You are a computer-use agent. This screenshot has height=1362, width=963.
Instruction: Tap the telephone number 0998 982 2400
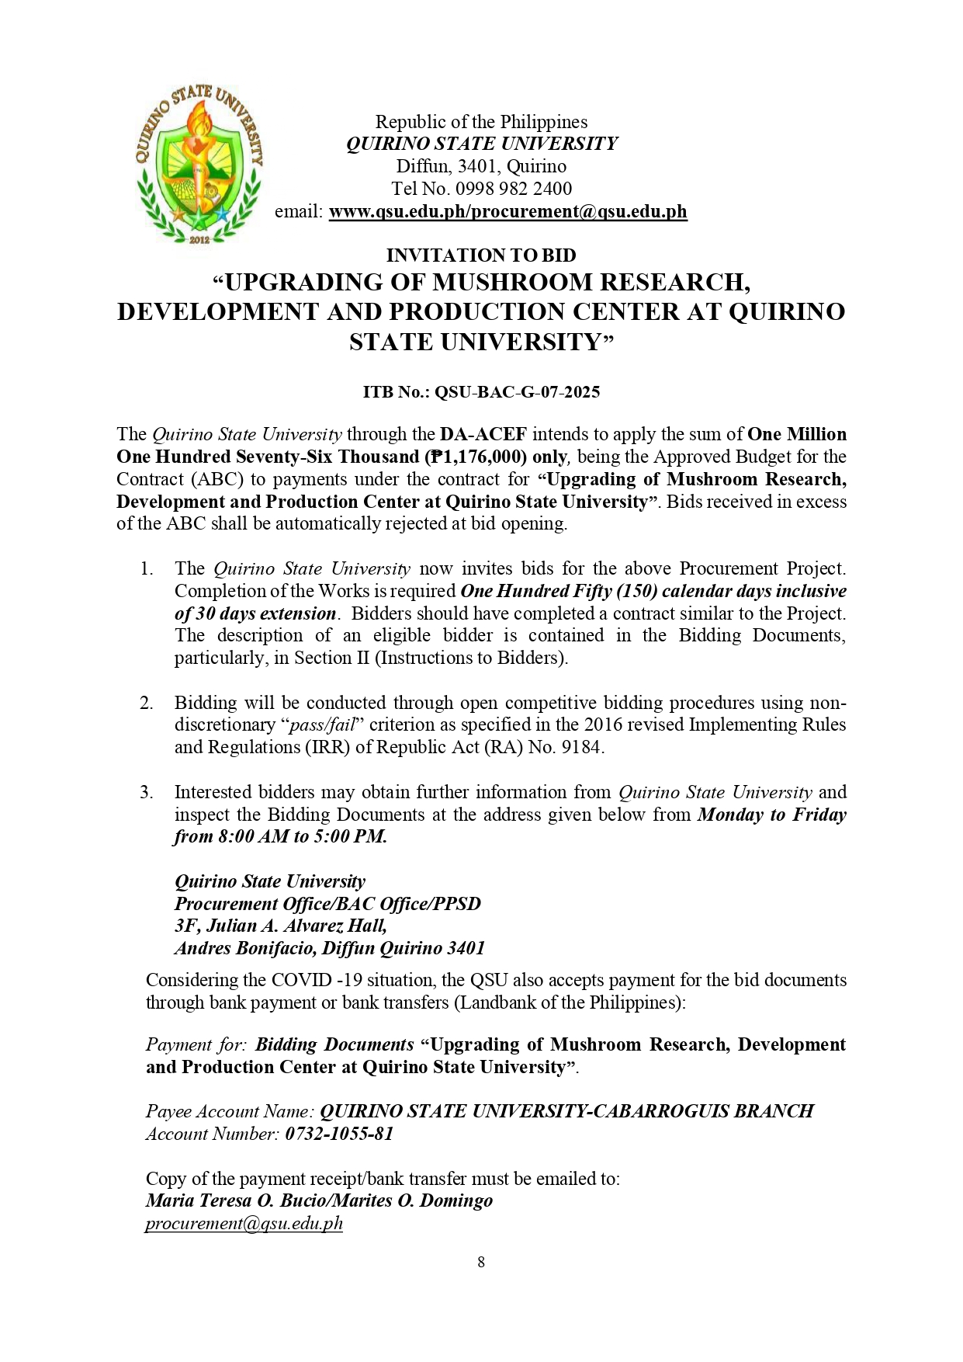click(514, 189)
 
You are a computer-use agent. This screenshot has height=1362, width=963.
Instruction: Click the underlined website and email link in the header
click(507, 211)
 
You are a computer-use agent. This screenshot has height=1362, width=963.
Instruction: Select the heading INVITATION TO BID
click(481, 255)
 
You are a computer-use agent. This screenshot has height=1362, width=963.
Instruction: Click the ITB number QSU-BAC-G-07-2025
click(517, 392)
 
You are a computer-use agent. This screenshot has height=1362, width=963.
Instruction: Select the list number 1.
click(147, 569)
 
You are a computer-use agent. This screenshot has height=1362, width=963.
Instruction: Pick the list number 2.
click(147, 704)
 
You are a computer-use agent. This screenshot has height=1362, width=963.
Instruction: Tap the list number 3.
click(147, 793)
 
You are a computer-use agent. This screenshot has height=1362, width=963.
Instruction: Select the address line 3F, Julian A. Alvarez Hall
click(280, 926)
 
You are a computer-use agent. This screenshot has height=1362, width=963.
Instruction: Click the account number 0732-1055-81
click(339, 1134)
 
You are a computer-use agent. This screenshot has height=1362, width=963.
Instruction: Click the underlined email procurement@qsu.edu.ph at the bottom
click(244, 1224)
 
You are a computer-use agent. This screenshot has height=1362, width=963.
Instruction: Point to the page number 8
click(481, 1262)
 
